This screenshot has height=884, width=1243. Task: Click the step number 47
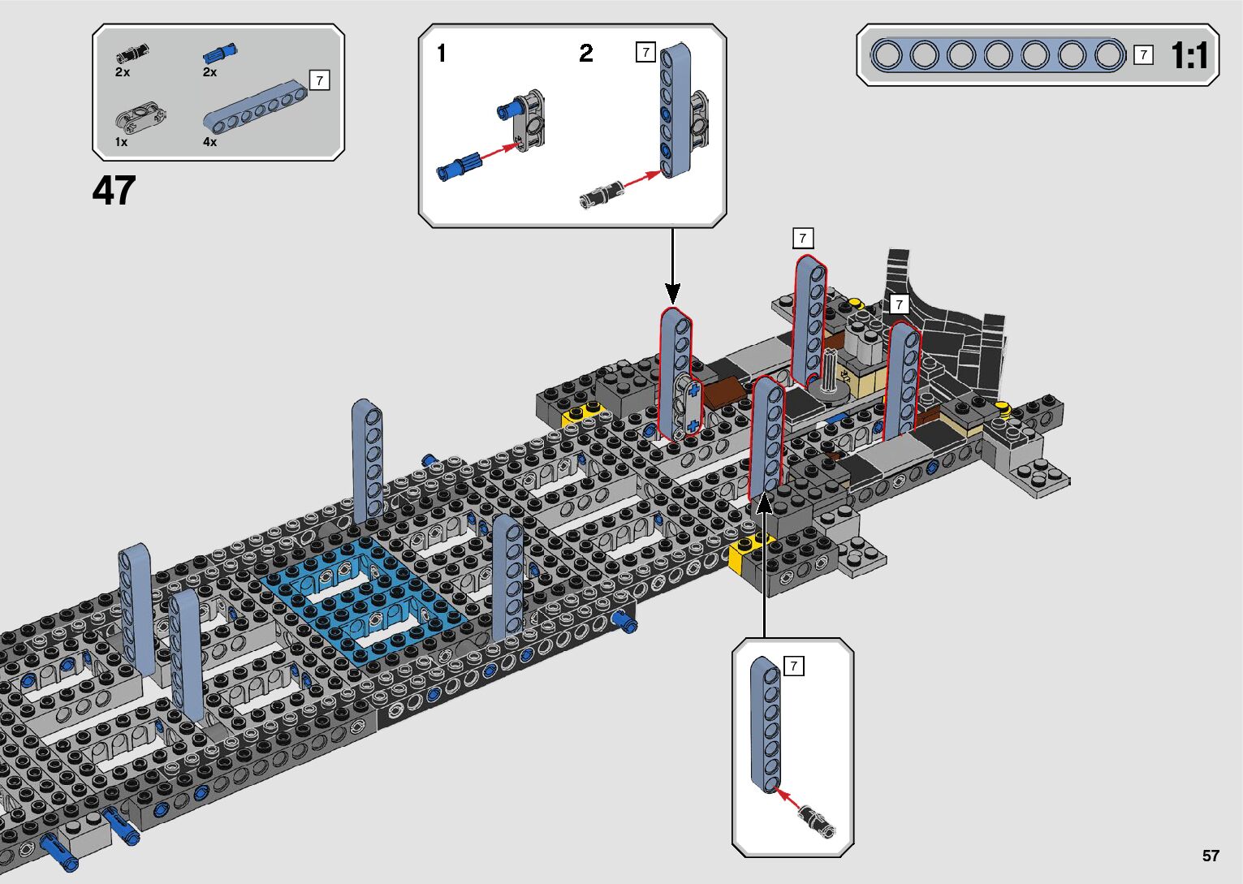114,190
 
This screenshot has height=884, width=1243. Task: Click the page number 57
1211,855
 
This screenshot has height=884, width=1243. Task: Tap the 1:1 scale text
1189,55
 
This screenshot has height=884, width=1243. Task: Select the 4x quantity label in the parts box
209,141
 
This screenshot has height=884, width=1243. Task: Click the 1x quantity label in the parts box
122,142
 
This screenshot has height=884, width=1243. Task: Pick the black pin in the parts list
132,54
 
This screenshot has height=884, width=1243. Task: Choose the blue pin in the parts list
220,53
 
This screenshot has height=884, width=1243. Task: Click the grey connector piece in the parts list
141,119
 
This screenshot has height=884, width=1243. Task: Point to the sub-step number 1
442,54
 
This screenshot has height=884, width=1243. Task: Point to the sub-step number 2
586,54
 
